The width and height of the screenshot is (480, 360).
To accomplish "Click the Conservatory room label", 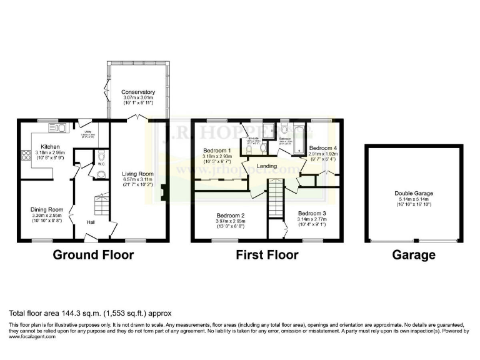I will pos(138,92).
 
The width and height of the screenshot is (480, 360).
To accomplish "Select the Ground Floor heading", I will pos(92,255).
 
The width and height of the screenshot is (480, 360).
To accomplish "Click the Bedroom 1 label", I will pos(217,151).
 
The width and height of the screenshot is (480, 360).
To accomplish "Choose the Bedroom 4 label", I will pos(323,149).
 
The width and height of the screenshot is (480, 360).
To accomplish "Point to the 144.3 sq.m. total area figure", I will pos(74,313).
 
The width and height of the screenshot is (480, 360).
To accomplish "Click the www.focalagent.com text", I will pos(32,336).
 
